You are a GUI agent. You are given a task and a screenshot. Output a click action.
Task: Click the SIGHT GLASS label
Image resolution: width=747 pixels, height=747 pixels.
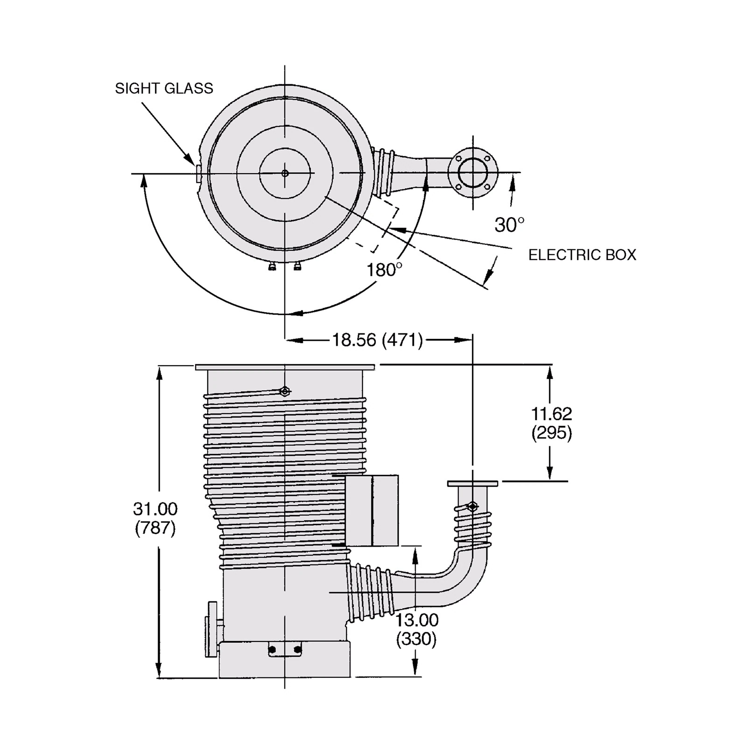click(x=164, y=88)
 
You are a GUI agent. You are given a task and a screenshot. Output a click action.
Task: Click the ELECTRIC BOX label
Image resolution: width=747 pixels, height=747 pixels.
click(x=582, y=255)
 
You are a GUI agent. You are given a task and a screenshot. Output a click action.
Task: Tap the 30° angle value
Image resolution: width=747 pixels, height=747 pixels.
click(x=509, y=225)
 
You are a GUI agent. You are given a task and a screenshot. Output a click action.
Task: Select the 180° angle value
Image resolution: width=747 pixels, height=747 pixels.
click(x=384, y=270)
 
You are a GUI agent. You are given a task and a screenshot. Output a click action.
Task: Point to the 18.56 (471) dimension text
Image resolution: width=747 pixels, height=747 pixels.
click(x=377, y=340)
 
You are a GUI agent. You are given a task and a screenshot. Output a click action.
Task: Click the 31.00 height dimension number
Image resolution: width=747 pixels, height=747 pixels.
click(x=155, y=508)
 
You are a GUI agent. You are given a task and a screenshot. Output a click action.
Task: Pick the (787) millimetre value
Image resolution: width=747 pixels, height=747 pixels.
click(x=155, y=528)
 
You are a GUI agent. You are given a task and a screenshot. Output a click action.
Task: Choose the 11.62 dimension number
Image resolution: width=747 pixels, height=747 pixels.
click(x=551, y=414)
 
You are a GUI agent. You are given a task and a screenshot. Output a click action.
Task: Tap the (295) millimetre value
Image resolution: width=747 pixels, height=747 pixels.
click(x=551, y=433)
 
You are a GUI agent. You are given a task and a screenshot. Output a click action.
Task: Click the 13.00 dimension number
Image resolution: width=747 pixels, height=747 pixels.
click(x=417, y=620)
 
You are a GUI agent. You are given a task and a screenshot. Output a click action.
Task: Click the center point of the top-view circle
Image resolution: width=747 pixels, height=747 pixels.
click(x=285, y=173)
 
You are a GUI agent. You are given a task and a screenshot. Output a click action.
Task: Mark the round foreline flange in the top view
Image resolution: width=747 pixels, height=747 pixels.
click(x=472, y=173)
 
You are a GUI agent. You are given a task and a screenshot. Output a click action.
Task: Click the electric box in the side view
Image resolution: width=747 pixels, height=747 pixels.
click(x=372, y=510)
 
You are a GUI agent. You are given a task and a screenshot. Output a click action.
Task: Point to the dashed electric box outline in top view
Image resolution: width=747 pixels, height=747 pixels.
click(x=378, y=224)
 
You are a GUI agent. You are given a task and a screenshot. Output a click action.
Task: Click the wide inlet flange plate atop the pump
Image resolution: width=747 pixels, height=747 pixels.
click(x=285, y=367)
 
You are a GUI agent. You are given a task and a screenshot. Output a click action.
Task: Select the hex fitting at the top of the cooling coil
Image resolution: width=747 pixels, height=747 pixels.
click(x=284, y=391)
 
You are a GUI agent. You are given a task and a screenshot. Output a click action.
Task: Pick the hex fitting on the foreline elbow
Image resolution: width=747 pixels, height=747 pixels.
click(x=472, y=506)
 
